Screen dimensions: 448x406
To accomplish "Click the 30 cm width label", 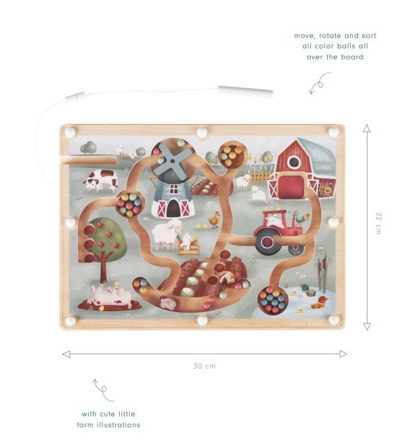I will [x=204, y=366].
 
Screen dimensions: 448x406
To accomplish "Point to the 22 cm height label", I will [x=378, y=223].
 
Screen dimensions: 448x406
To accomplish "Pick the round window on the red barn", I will [x=294, y=162].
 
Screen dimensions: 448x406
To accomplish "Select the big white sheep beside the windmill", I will [x=166, y=234].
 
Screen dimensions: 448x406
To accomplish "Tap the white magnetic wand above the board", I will [x=245, y=91].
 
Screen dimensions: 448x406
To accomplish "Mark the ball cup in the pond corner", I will [x=272, y=300].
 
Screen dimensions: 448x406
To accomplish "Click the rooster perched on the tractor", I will [x=300, y=218].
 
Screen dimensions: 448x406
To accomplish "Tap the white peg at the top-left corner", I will [x=70, y=132].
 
